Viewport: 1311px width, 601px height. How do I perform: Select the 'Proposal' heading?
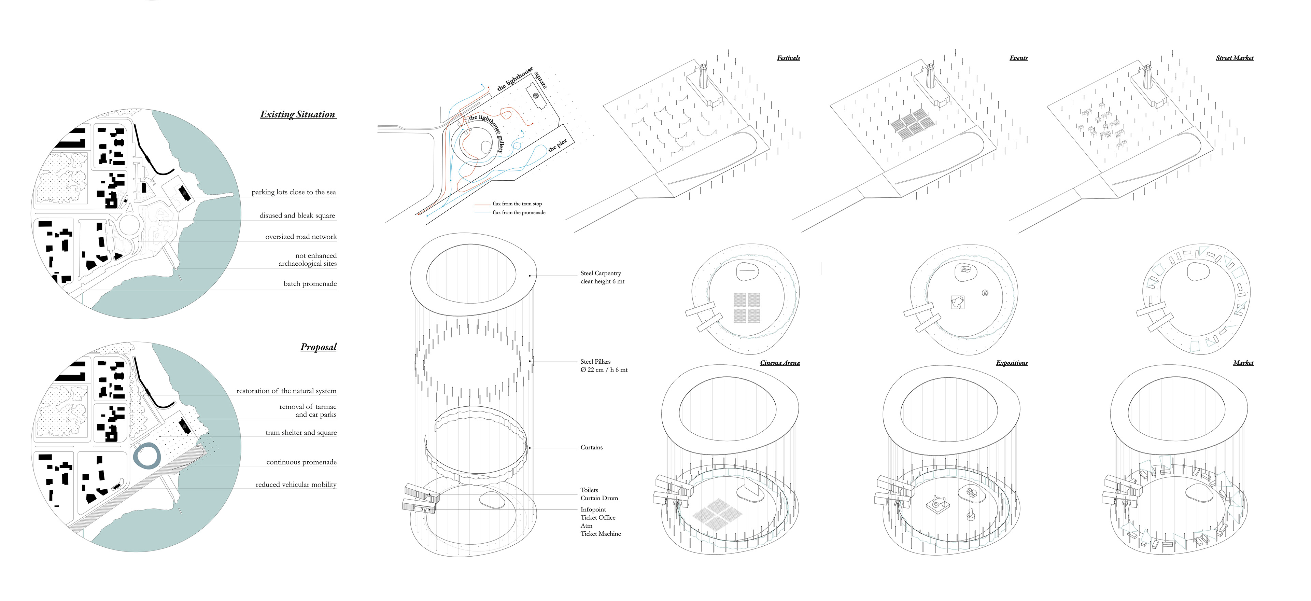pos(319,347)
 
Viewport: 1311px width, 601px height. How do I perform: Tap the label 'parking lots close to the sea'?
pos(294,192)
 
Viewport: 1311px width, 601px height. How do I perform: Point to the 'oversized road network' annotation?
pos(301,237)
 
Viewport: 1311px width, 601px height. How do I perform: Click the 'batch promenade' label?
pos(310,283)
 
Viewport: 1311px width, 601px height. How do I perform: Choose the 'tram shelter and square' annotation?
pos(301,433)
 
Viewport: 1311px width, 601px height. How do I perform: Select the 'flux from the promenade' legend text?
pos(519,213)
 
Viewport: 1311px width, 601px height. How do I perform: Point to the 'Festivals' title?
pos(788,58)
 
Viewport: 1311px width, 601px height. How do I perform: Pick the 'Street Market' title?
pos(1235,58)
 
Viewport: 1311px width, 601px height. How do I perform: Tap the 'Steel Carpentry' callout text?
pos(601,273)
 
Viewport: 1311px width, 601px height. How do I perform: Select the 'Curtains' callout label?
pos(591,447)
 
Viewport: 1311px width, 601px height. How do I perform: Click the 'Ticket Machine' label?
pos(601,534)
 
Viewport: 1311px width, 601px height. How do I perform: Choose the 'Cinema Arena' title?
pos(780,363)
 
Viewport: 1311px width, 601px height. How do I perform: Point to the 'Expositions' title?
pos(1012,363)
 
